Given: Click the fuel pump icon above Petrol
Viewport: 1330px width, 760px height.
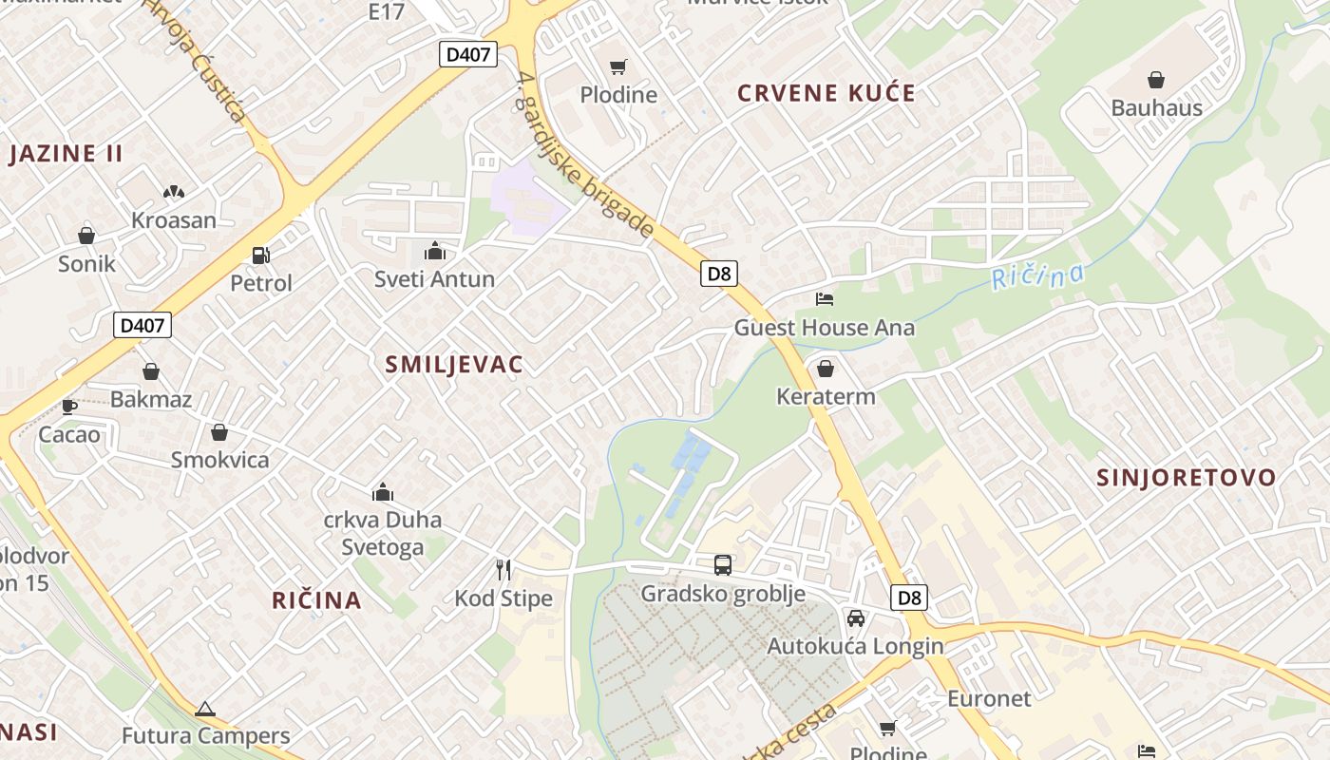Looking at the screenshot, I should coord(260,255).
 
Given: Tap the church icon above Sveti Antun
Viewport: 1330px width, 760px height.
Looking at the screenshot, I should coord(435,251).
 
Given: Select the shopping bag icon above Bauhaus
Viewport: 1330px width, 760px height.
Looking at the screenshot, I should coord(1156,80).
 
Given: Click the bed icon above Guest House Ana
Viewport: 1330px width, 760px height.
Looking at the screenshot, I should coord(825,299).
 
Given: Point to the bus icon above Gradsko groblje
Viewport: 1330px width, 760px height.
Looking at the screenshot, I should coord(723,565).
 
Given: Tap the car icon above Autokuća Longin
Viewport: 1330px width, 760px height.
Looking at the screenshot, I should coord(855,618).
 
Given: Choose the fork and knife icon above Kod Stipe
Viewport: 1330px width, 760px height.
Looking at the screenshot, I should coord(503,570).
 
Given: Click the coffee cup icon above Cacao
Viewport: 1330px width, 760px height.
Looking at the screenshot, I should coord(68,407).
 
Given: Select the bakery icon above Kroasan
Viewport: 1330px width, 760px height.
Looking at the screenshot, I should coord(173,192).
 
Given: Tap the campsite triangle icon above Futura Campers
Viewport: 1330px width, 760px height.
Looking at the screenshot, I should coord(205,709).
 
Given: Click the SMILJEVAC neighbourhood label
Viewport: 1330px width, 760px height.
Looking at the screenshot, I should coord(454,365).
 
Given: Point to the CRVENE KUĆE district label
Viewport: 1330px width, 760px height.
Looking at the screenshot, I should coord(826,93).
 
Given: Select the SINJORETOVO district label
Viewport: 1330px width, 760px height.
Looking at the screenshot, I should coord(1187,478).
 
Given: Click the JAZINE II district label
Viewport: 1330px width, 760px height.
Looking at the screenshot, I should coord(66,154).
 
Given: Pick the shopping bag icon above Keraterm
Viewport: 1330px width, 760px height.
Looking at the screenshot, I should coord(826,369).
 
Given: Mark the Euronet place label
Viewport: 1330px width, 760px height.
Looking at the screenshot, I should coord(989,699).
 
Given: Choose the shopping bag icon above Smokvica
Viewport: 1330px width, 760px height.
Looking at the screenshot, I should coord(219,432).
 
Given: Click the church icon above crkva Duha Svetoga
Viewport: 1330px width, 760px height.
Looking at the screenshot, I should coord(383,492).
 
